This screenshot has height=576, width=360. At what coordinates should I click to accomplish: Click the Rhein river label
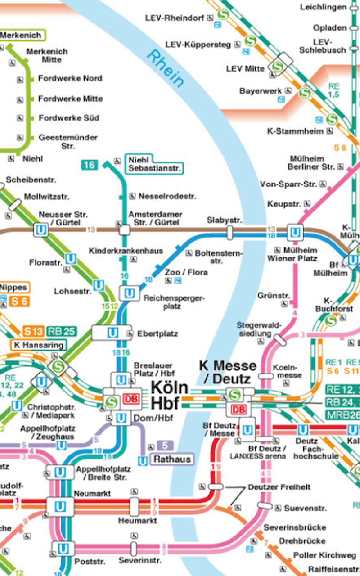tap(166, 68)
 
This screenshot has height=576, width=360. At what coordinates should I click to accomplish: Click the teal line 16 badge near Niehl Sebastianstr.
tap(89, 165)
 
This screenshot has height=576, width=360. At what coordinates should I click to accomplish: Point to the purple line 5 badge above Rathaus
tap(165, 446)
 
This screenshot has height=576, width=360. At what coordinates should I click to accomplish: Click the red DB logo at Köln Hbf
tap(130, 399)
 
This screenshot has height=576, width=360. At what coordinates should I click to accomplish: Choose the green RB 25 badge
tap(61, 332)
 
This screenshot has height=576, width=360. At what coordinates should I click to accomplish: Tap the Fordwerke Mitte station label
tap(70, 99)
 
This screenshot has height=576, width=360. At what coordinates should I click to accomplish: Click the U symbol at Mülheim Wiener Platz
tap(295, 232)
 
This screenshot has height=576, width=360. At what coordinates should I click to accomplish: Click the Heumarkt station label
tap(137, 521)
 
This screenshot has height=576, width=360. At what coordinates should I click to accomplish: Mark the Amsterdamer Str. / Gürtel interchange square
tap(124, 230)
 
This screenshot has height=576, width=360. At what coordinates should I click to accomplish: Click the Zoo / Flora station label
tap(180, 273)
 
